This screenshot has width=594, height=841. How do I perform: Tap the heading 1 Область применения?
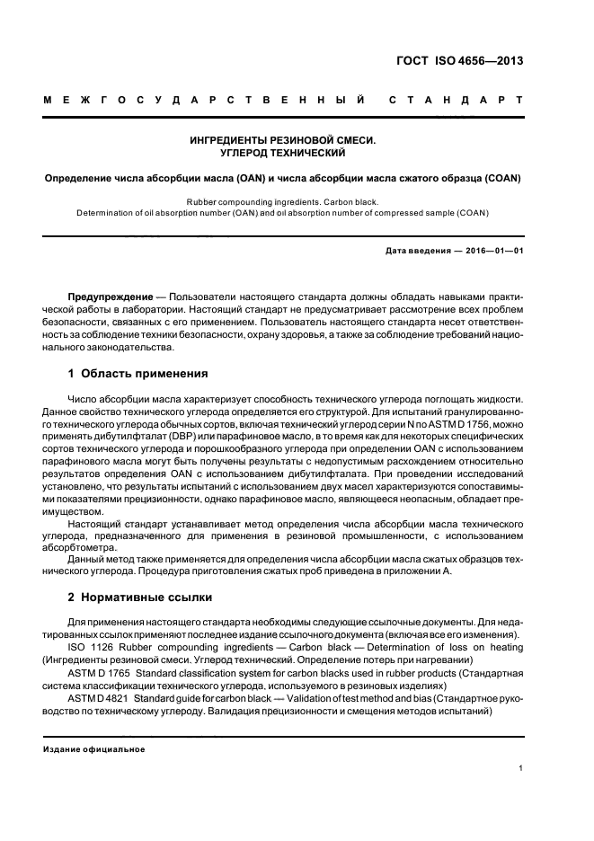(138, 373)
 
